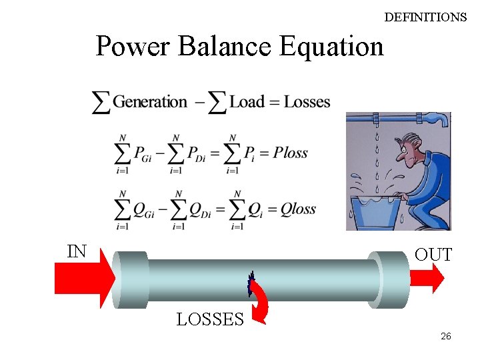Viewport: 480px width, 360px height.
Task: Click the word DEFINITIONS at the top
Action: coord(425,17)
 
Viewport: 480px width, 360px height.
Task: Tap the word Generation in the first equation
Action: coord(150,102)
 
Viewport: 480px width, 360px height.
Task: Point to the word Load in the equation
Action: coord(247,102)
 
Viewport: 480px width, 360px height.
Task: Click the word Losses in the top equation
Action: coord(307,102)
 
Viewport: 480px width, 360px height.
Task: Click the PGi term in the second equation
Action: coord(145,155)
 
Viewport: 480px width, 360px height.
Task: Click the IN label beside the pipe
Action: coord(77,251)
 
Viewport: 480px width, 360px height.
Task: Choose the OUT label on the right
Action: coord(433,255)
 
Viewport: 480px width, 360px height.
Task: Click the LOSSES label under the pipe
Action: coord(209,320)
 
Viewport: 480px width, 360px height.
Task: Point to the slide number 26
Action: coord(445,337)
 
